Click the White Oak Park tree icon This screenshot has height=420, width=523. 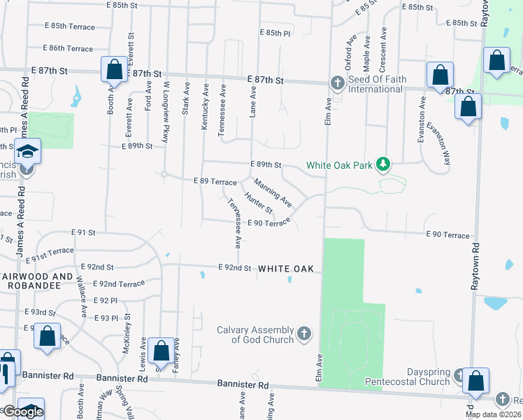tap(382, 164)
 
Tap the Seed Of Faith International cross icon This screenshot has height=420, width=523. tap(336, 84)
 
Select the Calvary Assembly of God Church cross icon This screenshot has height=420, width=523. tap(304, 333)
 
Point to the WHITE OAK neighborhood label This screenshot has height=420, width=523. tap(290, 269)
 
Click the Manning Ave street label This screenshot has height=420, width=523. tap(273, 192)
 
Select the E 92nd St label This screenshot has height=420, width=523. tap(234, 267)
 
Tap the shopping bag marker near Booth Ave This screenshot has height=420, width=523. tap(113, 70)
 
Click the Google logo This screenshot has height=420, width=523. tap(23, 412)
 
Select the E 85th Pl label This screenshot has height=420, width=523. tap(274, 33)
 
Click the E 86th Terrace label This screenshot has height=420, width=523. tap(68, 48)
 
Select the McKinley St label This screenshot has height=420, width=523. tap(127, 337)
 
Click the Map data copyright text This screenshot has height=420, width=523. tap(492, 414)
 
